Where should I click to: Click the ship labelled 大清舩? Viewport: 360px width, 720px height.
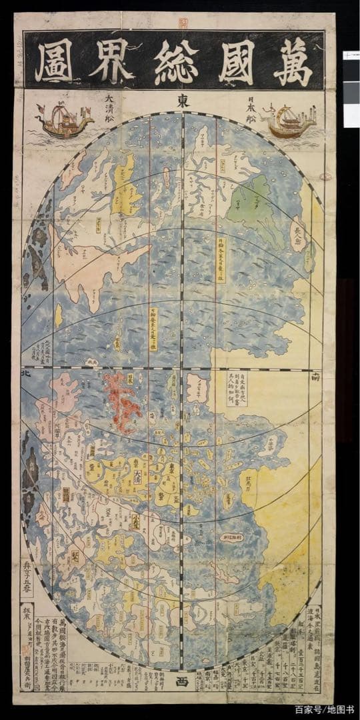click(x=64, y=121)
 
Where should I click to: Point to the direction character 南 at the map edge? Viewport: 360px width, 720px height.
click(x=333, y=377)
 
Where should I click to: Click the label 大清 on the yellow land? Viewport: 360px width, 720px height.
click(x=137, y=477)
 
